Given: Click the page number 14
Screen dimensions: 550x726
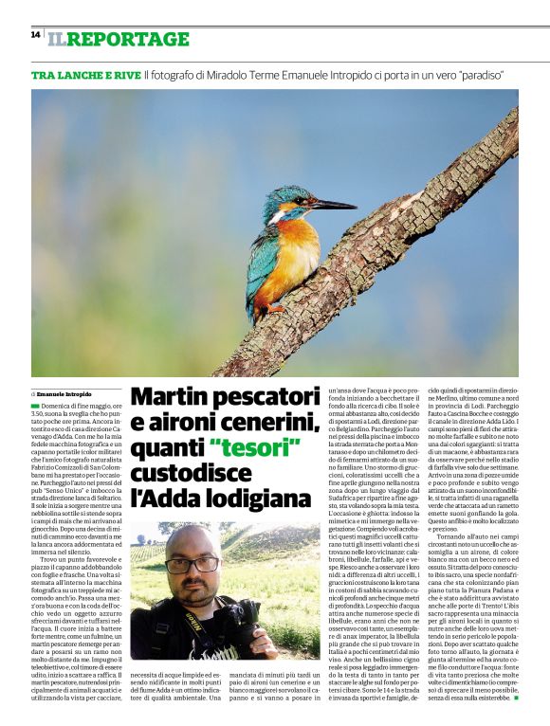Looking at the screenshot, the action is [35, 34].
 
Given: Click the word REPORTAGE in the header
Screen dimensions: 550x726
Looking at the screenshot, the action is [129, 39].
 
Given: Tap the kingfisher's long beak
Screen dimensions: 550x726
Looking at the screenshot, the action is [331, 204].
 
